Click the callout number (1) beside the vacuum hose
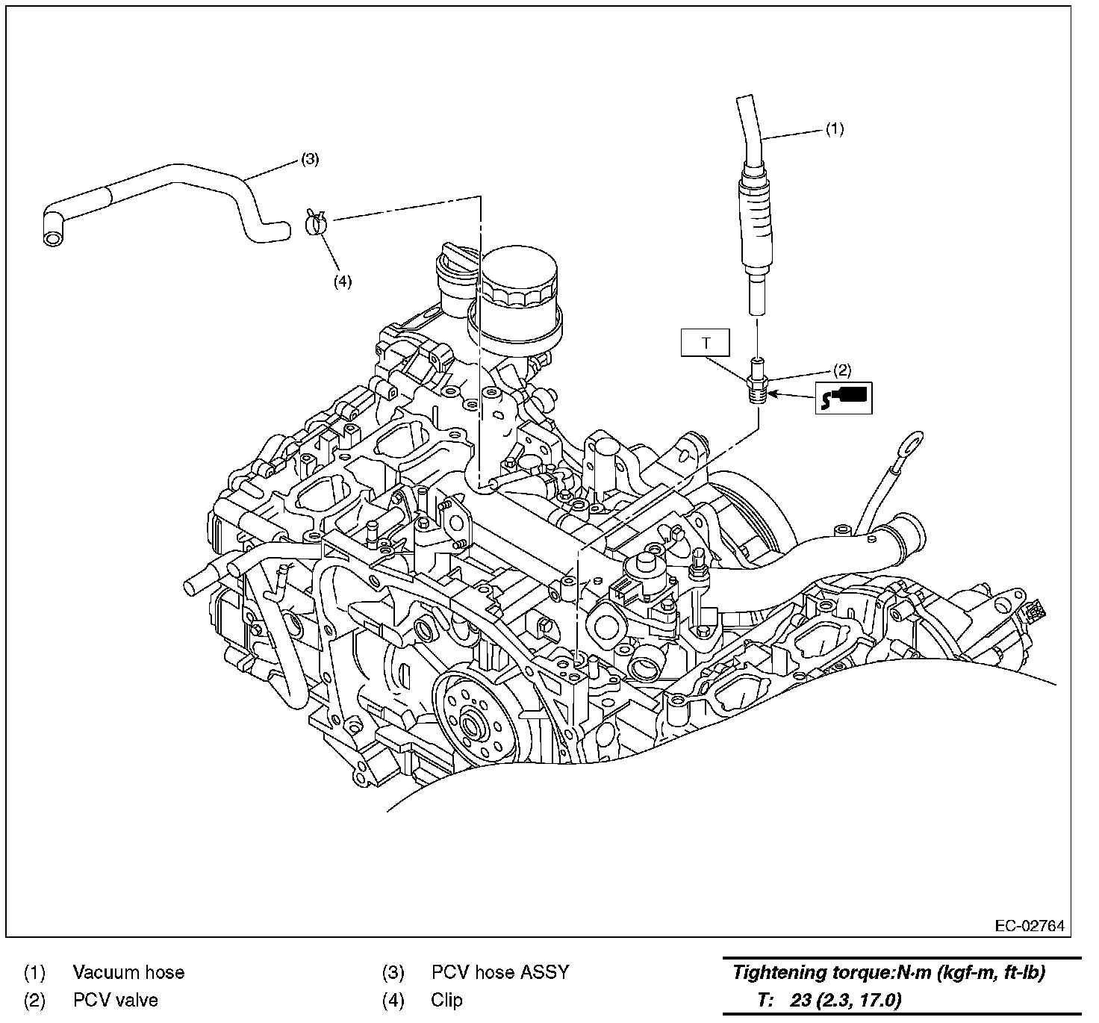834,129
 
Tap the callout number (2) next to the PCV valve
841,370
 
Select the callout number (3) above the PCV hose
310,159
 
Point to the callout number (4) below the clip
342,281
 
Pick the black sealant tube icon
844,397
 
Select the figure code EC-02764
1030,927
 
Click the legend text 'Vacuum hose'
128,972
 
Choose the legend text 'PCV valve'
116,1000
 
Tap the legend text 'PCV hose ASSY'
500,972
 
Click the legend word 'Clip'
446,1000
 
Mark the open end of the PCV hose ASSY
53,238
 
